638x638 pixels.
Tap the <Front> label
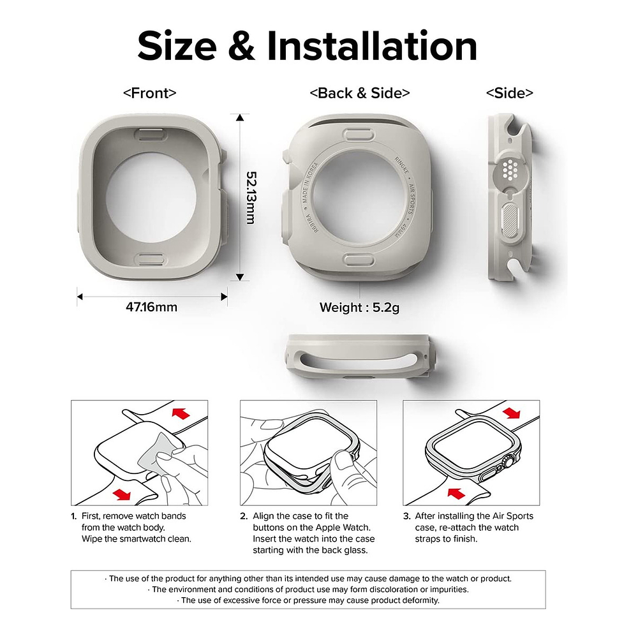tap(149, 93)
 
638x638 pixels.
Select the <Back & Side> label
tap(360, 93)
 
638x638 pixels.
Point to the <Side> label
tap(509, 93)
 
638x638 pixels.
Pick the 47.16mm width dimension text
tap(151, 307)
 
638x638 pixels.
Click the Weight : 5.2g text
tap(360, 308)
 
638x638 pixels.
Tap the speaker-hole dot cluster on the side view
tap(509, 169)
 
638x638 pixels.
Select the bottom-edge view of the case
tap(360, 356)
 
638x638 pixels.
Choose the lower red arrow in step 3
tap(454, 493)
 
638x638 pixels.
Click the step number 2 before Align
tap(244, 516)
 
